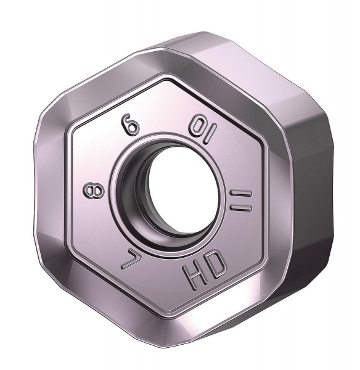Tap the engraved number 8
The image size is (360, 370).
click(x=90, y=192)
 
